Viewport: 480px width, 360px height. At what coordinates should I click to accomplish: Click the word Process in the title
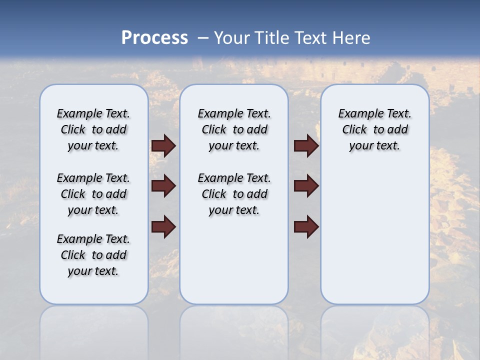click(154, 38)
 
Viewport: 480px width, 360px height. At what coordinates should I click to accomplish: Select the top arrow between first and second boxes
click(163, 145)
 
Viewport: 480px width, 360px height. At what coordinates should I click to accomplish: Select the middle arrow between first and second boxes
click(163, 186)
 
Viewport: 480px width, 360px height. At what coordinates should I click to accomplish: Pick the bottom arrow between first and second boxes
click(163, 226)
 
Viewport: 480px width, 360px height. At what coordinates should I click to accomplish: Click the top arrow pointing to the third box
click(306, 145)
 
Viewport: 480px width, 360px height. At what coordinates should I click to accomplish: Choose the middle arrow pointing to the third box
click(306, 186)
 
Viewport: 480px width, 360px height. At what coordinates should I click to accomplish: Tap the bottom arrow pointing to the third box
click(306, 226)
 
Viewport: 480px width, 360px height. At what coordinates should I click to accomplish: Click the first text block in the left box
click(93, 129)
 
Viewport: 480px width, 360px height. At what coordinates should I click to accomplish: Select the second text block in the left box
click(93, 194)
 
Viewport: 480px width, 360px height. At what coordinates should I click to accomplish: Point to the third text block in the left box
click(93, 255)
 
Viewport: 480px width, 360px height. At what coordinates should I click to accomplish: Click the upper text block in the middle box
click(234, 129)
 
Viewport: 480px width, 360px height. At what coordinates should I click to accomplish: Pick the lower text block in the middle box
click(234, 194)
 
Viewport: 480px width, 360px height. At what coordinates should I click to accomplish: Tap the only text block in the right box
click(374, 129)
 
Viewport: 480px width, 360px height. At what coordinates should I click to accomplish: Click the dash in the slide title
click(203, 38)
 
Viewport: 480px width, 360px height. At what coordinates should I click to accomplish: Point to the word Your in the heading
click(232, 38)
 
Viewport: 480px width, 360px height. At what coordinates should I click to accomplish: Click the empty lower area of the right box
click(374, 235)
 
